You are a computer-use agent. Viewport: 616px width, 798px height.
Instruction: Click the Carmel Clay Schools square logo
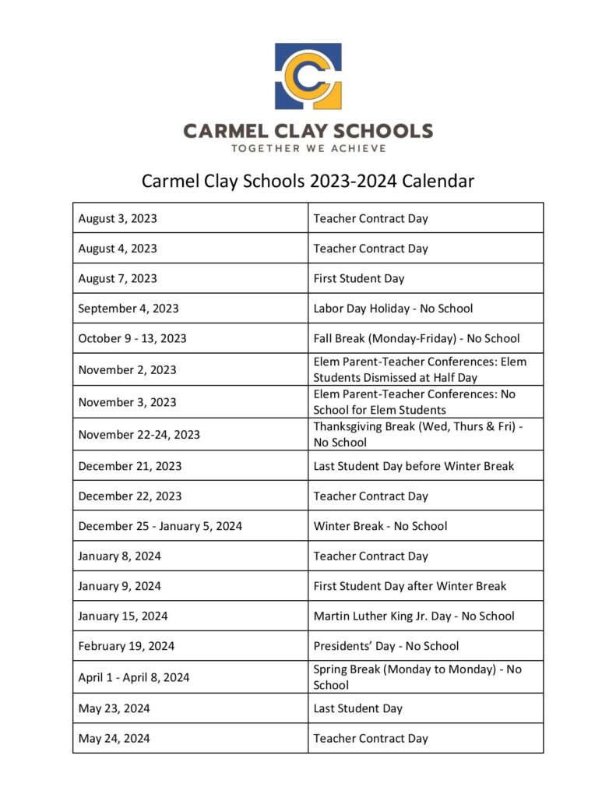[x=308, y=76]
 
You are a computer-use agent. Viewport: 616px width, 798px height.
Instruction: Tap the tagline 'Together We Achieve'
[x=308, y=148]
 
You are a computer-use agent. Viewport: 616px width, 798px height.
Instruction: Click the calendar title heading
[x=308, y=182]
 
